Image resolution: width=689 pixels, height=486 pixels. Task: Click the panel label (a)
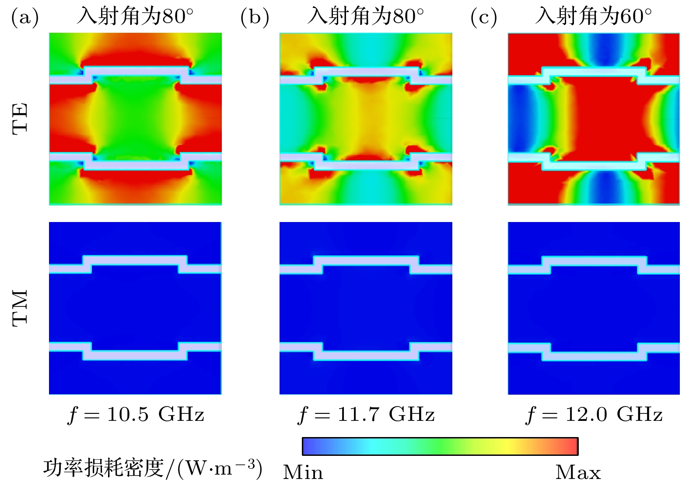(25, 17)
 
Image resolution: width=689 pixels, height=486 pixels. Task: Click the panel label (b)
(255, 17)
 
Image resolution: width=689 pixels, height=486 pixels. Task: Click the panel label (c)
(484, 17)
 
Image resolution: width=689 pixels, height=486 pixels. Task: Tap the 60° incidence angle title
(593, 17)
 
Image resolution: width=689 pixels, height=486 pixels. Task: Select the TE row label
(20, 118)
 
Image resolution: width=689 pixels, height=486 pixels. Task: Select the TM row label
(20, 308)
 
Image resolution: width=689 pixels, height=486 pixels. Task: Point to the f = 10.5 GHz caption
(136, 414)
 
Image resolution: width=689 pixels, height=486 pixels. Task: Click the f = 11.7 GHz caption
(366, 414)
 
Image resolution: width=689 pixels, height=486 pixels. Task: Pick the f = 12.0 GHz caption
(594, 414)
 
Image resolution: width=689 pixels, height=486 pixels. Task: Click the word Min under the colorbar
(303, 472)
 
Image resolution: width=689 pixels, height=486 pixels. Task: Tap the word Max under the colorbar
(578, 472)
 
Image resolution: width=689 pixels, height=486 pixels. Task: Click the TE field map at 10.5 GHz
(135, 118)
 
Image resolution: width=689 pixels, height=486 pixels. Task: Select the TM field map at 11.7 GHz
(366, 308)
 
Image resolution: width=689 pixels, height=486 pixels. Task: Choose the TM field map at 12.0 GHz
(594, 308)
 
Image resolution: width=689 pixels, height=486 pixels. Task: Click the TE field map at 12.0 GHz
(594, 118)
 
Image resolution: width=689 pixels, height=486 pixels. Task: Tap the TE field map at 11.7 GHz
(366, 118)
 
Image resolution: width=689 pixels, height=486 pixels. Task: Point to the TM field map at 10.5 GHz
(135, 308)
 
